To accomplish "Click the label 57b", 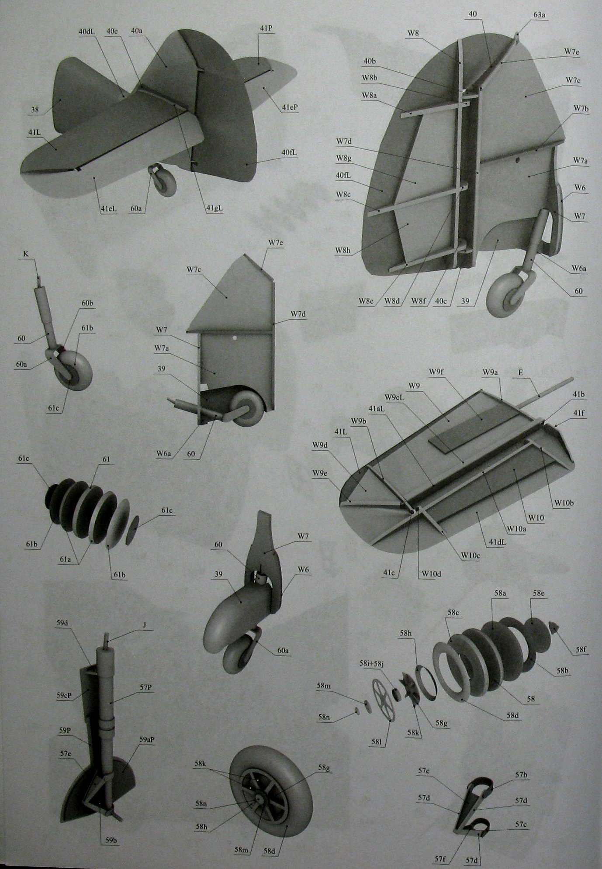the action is (x=521, y=775).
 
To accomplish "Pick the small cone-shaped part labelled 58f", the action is (x=554, y=629).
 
